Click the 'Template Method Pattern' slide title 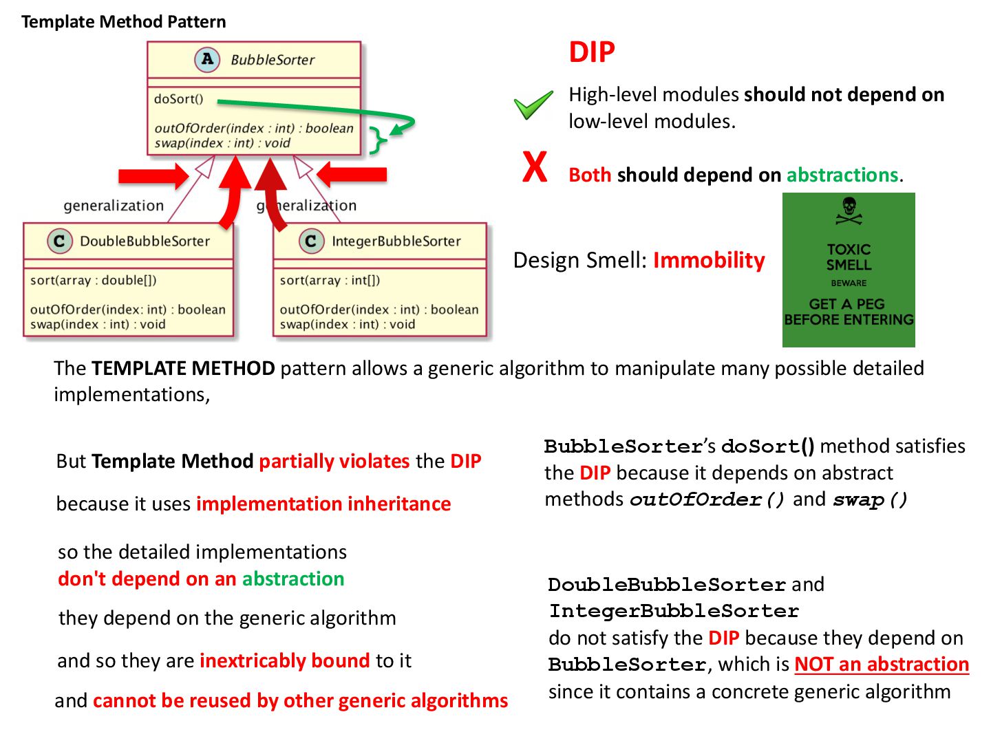point(123,21)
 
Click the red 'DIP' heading point(591,52)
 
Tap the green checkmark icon point(533,105)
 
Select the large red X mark point(535,167)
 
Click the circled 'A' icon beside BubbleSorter point(207,59)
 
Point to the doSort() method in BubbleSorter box point(179,99)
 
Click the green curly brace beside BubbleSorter point(378,140)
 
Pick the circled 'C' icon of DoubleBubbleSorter point(59,241)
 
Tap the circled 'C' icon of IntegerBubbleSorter point(311,241)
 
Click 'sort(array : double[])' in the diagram point(94,280)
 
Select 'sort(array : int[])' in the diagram point(330,280)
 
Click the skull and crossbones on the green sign point(849,211)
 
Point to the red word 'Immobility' point(709,260)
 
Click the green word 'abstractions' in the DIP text point(842,175)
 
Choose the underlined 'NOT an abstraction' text point(882,665)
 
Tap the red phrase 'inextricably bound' point(285,660)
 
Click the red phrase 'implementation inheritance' point(323,504)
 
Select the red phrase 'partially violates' point(334,461)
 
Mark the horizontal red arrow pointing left point(352,175)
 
